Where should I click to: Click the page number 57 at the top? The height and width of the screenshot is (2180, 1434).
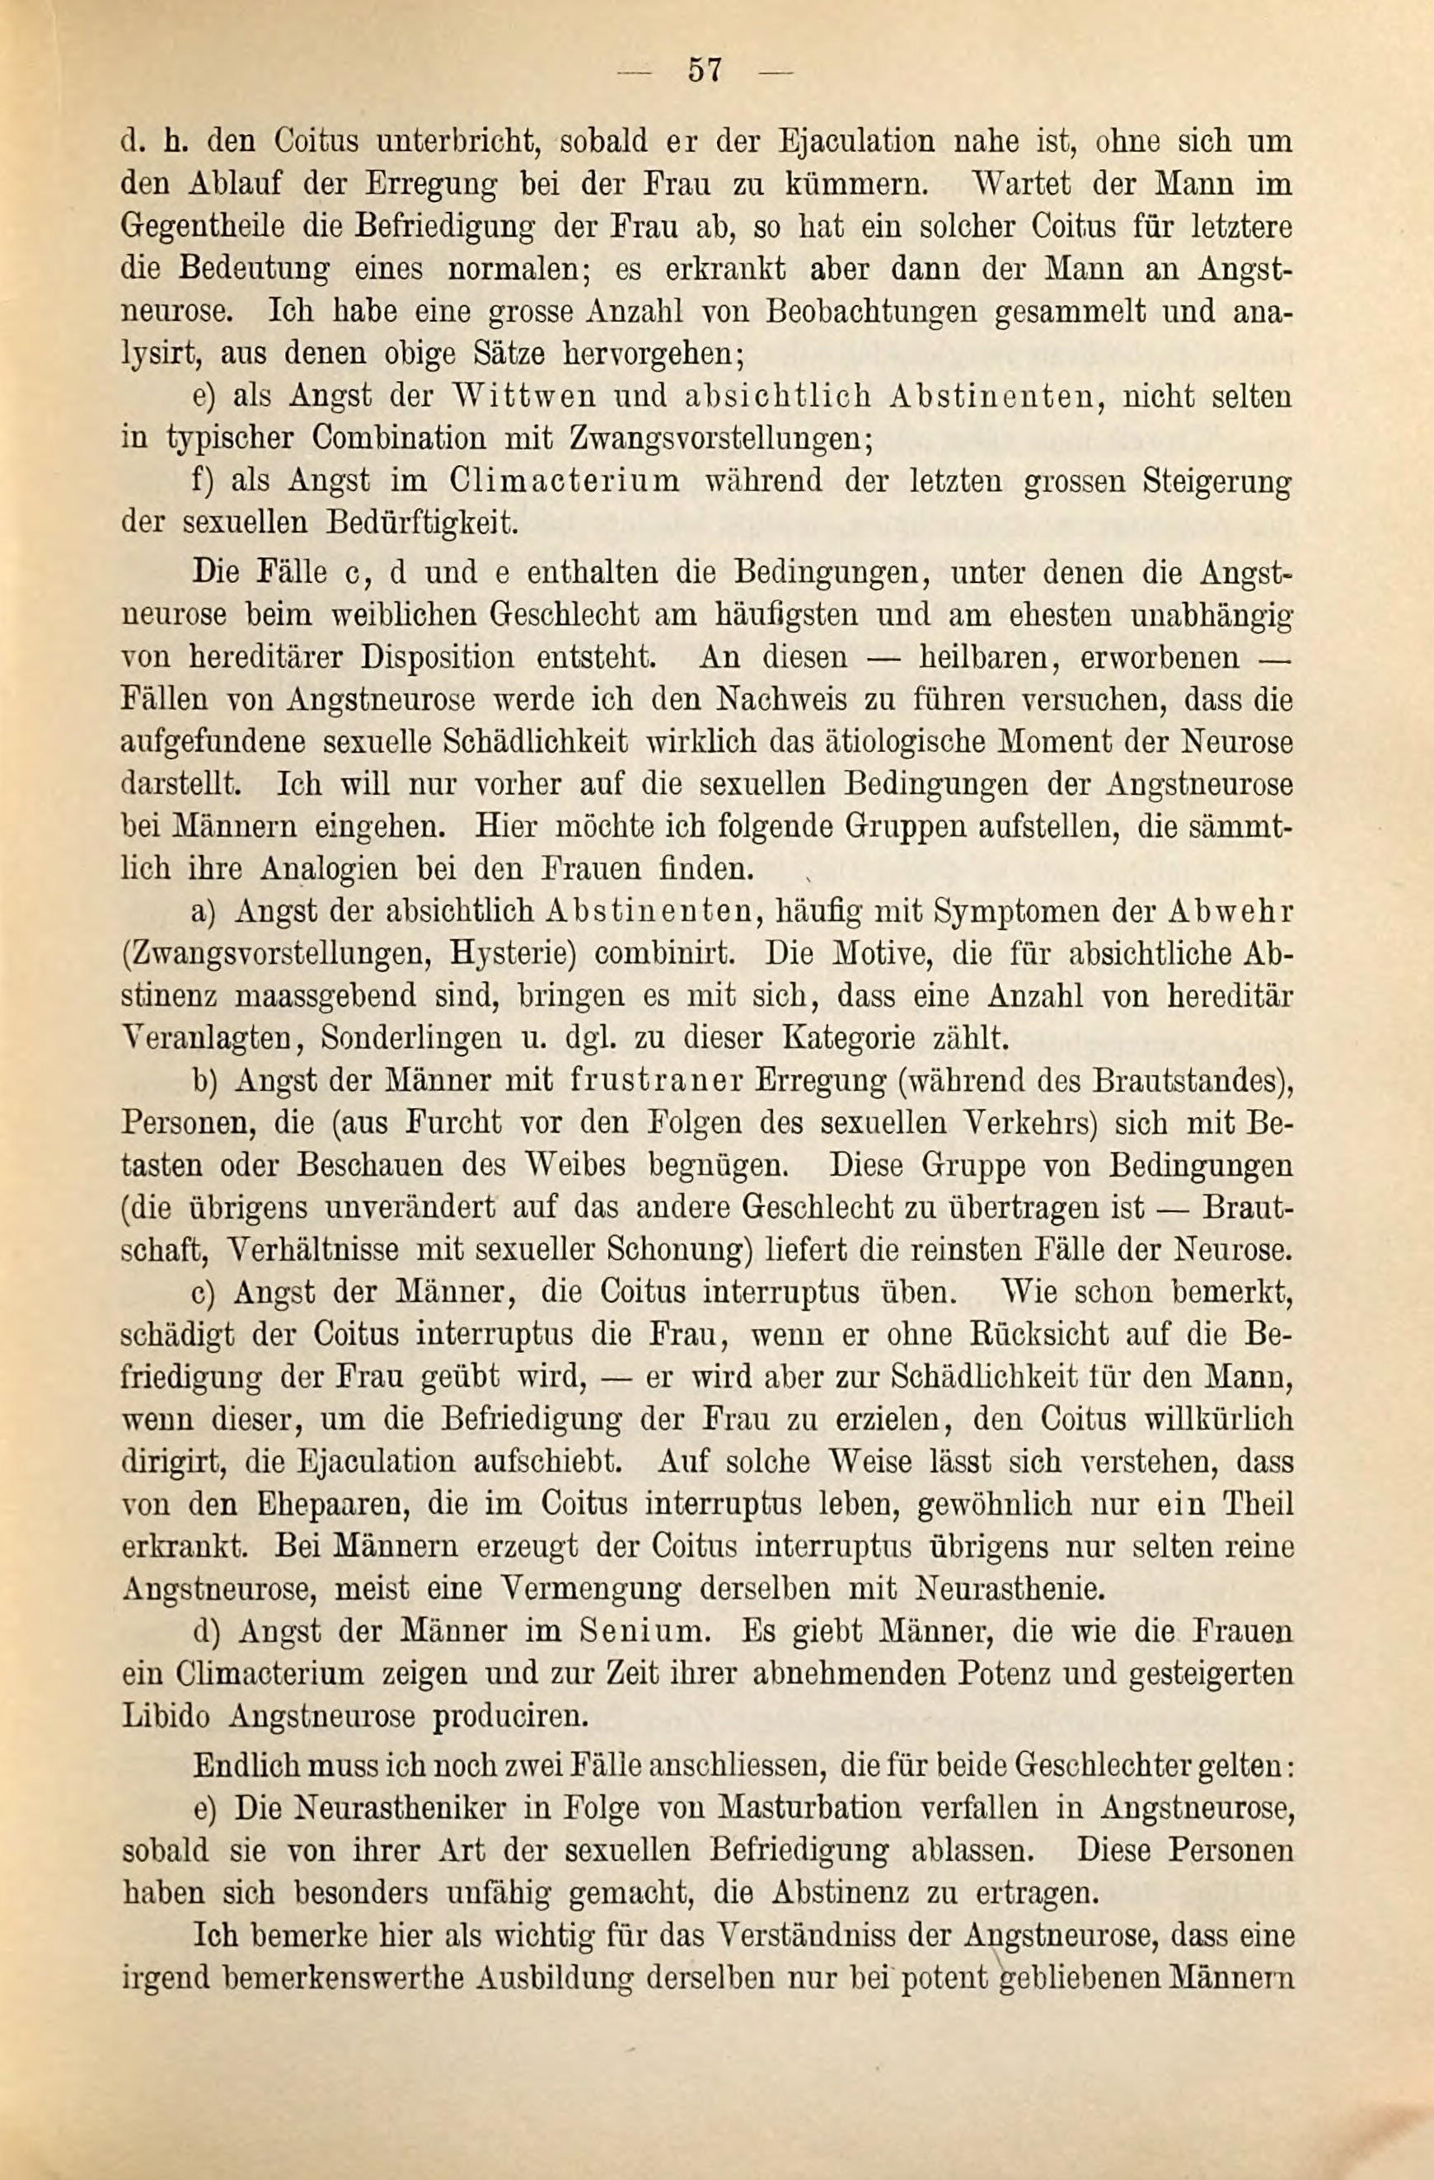pyautogui.click(x=705, y=71)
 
